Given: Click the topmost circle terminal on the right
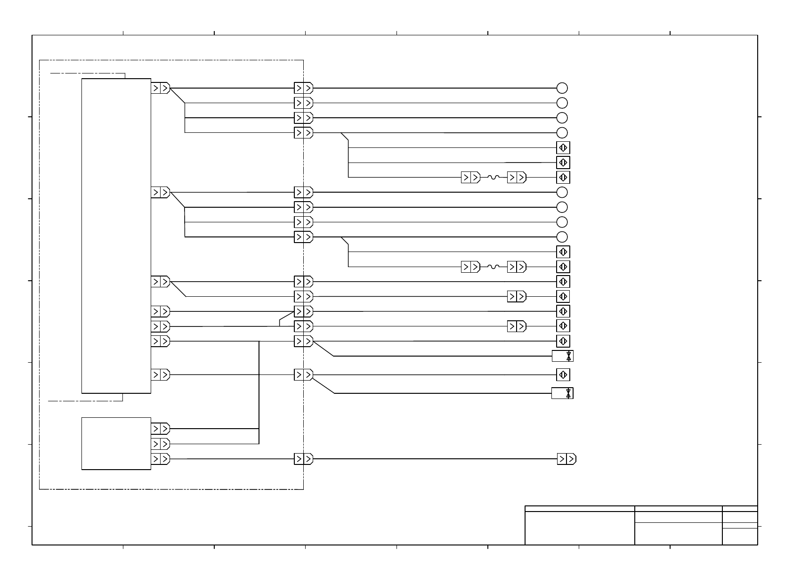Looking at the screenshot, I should coord(562,88).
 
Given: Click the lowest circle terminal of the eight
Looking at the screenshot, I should coord(562,237).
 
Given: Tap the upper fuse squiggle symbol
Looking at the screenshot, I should coord(493,178).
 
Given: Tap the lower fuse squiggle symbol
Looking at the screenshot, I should coord(493,267).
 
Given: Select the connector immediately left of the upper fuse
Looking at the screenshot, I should coord(470,178).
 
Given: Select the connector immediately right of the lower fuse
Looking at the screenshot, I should coord(516,267).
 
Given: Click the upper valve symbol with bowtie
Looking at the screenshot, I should coord(563,356).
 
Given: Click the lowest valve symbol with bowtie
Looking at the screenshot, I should coord(562,393).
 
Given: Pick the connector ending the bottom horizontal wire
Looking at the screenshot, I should coord(566,459).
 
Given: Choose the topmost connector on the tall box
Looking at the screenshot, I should coord(160,88).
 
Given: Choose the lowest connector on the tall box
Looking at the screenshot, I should coord(160,375).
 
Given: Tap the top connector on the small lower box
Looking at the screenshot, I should coord(160,429).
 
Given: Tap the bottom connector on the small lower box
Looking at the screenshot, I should coord(160,459).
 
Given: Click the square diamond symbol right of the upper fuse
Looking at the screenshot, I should coord(563,178).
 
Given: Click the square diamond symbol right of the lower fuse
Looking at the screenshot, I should coord(563,267).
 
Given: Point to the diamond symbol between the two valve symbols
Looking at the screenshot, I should coord(563,375).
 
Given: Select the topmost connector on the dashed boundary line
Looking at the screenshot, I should coord(303,88).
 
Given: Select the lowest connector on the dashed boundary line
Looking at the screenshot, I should coord(303,459).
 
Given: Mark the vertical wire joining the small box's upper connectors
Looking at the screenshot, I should coord(259,436).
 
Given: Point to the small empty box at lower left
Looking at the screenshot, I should coord(116,443).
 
